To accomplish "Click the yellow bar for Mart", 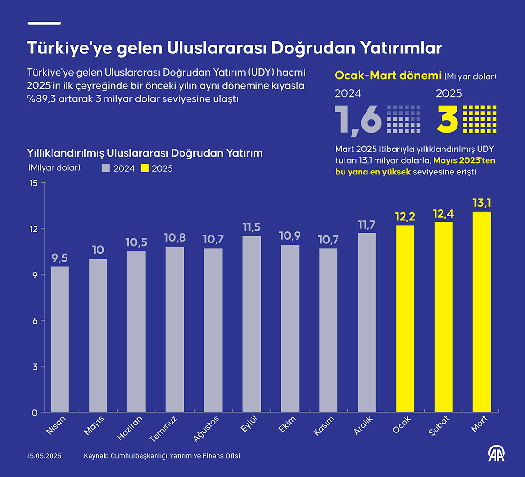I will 482,312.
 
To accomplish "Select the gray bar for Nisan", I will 60,340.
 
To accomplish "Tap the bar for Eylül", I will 252,324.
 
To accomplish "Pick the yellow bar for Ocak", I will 405,319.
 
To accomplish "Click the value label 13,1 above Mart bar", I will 482,203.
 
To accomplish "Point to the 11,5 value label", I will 252,227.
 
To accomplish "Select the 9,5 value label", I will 60,258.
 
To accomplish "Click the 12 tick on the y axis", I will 32,229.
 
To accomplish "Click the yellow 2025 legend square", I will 144,168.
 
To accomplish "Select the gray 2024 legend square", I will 106,168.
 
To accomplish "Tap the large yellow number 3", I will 447,119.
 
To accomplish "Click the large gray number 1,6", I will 358,119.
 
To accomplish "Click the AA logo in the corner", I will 497,453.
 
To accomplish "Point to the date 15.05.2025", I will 44,456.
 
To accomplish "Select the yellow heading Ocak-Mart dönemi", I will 388,76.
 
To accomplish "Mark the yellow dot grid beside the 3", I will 480,119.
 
